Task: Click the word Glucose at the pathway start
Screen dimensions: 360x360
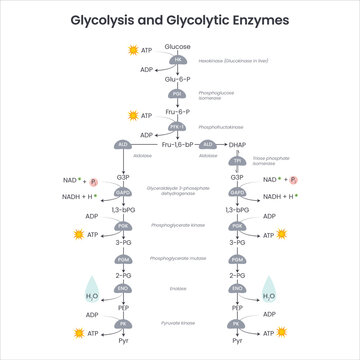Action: [x=177, y=47]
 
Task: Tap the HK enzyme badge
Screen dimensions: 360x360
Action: [x=177, y=60]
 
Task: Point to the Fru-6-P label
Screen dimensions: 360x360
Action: [x=177, y=112]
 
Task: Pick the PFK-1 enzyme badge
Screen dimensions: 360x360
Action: [x=177, y=128]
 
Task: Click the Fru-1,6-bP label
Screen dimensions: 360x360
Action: [x=181, y=145]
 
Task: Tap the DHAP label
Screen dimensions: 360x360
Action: [x=237, y=145]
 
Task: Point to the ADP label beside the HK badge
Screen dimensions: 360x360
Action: [x=146, y=70]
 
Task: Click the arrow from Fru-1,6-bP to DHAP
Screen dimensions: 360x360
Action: [x=214, y=145]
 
